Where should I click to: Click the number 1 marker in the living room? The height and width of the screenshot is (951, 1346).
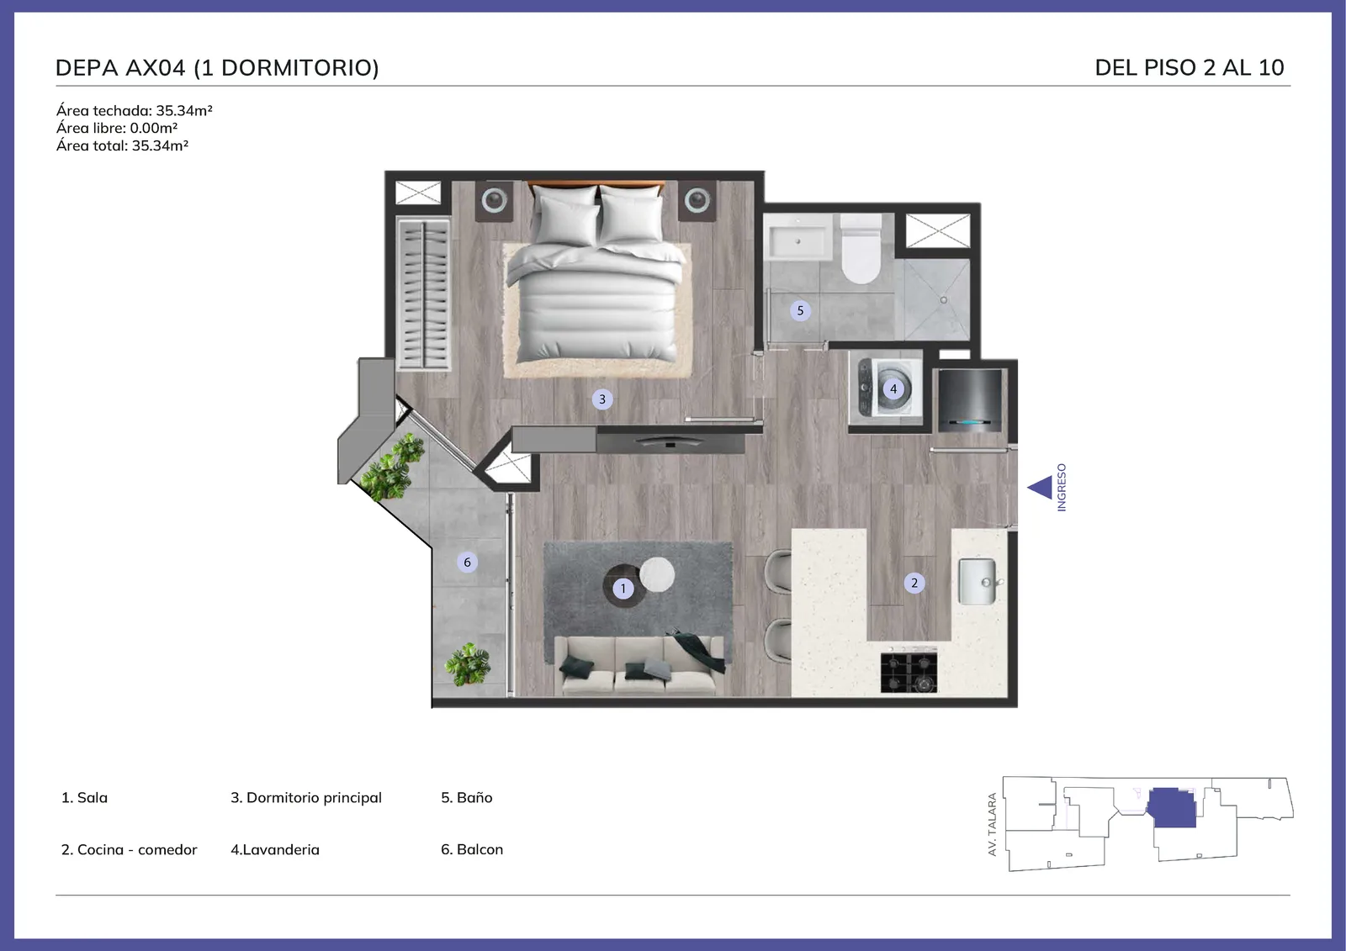[x=623, y=588]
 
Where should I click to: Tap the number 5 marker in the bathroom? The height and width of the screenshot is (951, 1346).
[x=800, y=310]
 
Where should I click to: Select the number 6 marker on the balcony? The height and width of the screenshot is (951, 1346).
[x=467, y=563]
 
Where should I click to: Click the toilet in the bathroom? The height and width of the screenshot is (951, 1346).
[x=861, y=250]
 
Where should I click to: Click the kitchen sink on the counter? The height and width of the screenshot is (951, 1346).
[x=978, y=582]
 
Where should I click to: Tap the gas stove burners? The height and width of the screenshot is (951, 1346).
[x=909, y=672]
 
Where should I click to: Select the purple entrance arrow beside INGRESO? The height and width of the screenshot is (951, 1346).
[x=1040, y=487]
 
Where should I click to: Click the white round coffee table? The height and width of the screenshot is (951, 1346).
[x=657, y=574]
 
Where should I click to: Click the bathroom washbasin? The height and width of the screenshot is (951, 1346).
[x=798, y=240]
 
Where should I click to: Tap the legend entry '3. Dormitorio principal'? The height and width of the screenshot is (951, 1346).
[x=306, y=798]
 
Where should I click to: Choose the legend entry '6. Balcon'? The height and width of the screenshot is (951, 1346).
[x=472, y=849]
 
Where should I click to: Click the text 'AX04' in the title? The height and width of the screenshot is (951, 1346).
[x=155, y=68]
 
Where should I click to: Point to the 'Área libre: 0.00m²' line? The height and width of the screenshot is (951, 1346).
[x=117, y=128]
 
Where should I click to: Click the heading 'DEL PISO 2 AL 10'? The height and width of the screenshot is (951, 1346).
[x=1190, y=68]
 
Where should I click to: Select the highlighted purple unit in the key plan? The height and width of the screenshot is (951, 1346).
[x=1172, y=808]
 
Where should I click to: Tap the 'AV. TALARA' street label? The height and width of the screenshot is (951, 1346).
[x=992, y=824]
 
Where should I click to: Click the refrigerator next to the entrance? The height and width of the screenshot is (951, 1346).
[x=969, y=399]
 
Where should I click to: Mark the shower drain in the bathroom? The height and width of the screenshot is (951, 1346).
[x=943, y=300]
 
